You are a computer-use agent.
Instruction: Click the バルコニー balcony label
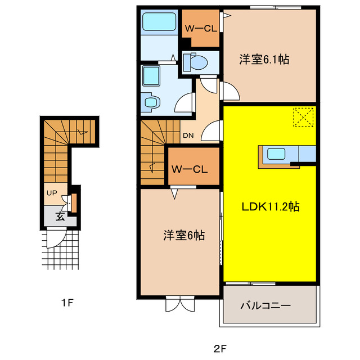click(x=265, y=306)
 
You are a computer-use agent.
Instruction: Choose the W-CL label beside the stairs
click(x=190, y=168)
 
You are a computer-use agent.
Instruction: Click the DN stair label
click(x=188, y=135)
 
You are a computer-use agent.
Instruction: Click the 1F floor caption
click(x=67, y=303)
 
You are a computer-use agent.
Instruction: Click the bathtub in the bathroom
click(x=159, y=22)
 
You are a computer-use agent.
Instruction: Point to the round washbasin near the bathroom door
click(x=151, y=102)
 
